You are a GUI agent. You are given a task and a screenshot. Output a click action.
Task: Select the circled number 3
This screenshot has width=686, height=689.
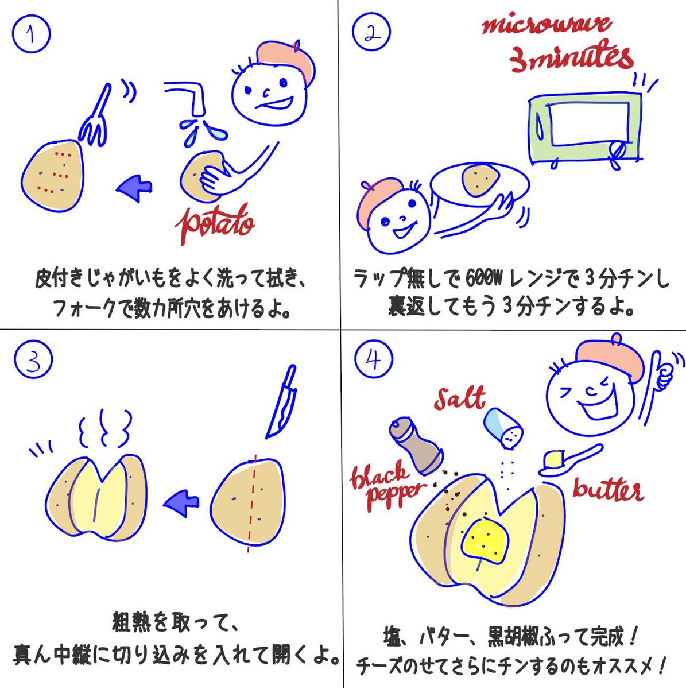(x=33, y=359)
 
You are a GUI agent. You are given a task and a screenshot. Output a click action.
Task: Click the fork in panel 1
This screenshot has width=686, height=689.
(x=96, y=118)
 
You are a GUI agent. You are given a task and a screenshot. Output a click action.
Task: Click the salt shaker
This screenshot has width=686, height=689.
(x=503, y=428)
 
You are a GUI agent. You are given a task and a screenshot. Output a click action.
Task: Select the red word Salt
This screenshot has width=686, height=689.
(x=459, y=398)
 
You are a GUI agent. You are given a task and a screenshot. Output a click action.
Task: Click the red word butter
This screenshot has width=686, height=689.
(x=607, y=491)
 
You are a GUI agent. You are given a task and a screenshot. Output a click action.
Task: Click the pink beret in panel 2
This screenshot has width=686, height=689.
(x=381, y=198)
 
